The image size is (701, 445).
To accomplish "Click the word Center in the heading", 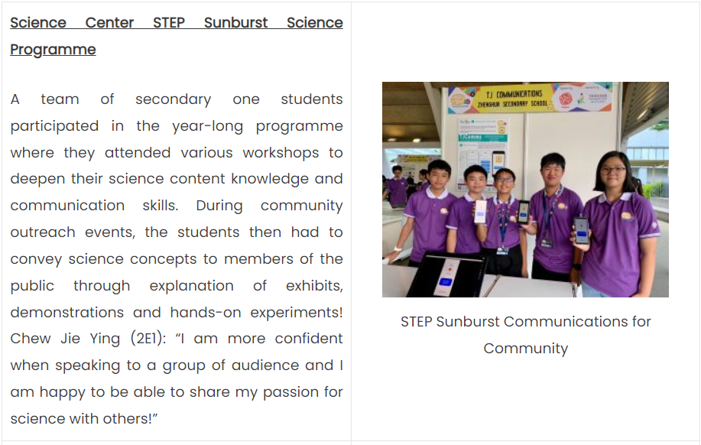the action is coord(109,22).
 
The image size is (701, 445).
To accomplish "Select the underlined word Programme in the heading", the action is coord(53,50).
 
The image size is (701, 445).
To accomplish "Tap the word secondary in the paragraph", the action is coord(173,99).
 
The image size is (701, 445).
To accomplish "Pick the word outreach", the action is coord(43,232).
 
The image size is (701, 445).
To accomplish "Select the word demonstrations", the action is coord(67,312).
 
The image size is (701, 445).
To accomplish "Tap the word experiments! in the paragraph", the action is coord(297,313).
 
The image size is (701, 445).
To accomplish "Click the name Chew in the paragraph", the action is coord(31,339).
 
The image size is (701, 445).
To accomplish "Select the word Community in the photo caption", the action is coord(526,349).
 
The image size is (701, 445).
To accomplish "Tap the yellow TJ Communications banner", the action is coord(530,99).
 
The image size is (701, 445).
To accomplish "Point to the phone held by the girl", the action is coord(581,230).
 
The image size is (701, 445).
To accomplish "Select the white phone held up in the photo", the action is coord(481,212).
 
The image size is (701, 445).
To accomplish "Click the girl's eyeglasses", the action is coord(613,170).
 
